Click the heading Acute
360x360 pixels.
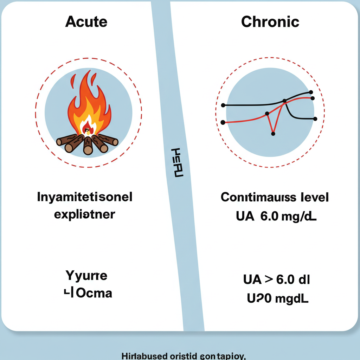(86, 22)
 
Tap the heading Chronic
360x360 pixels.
(270, 22)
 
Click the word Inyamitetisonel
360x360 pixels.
(85, 197)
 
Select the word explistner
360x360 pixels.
(84, 214)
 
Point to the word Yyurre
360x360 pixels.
(86, 276)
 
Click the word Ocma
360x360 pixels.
(94, 292)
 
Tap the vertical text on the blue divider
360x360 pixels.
(177, 162)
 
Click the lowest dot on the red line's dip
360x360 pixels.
(273, 133)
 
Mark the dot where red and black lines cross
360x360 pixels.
(285, 101)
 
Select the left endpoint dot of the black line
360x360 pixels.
(223, 105)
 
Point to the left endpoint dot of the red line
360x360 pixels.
(223, 122)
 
